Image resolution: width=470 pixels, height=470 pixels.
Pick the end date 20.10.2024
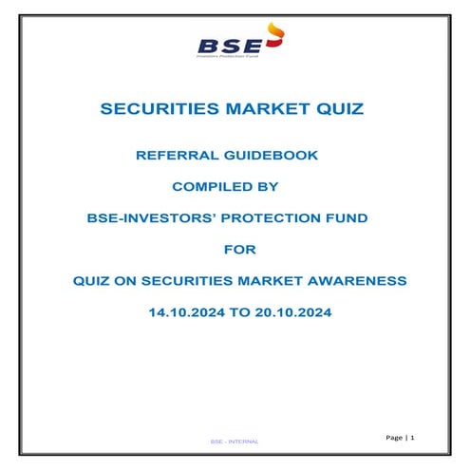click(287, 311)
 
